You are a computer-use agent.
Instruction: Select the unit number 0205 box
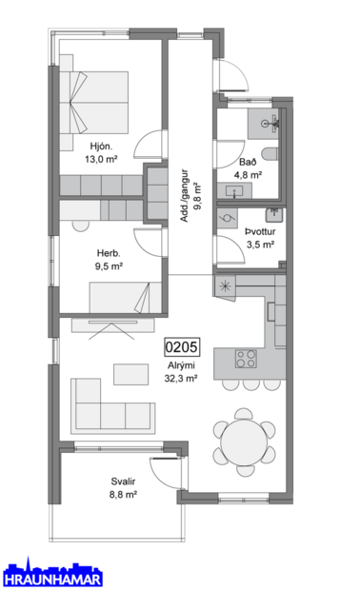pyautogui.click(x=181, y=346)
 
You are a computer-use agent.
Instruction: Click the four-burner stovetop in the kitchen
pyautogui.click(x=245, y=360)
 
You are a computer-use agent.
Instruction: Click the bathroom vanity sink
pyautogui.click(x=233, y=191)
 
